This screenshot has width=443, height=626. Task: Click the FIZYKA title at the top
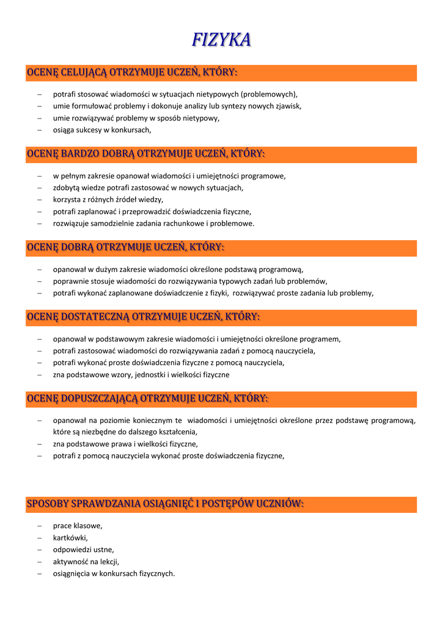click(221, 40)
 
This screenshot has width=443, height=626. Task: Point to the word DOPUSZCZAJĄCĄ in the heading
click(100, 399)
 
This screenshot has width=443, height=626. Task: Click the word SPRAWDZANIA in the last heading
click(106, 504)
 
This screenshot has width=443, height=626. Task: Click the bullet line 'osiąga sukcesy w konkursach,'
click(101, 130)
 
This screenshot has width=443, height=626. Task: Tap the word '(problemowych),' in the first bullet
click(269, 94)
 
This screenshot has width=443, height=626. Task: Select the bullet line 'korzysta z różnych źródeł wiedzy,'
click(108, 199)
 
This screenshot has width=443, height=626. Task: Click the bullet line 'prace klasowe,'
click(78, 526)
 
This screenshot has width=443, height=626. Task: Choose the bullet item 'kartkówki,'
click(70, 538)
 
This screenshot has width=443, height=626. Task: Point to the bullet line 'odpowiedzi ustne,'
click(83, 550)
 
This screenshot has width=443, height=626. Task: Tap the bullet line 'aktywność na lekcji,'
click(86, 562)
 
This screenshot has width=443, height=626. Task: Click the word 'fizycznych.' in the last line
click(158, 573)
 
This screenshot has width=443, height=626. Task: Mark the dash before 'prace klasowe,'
click(39, 526)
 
